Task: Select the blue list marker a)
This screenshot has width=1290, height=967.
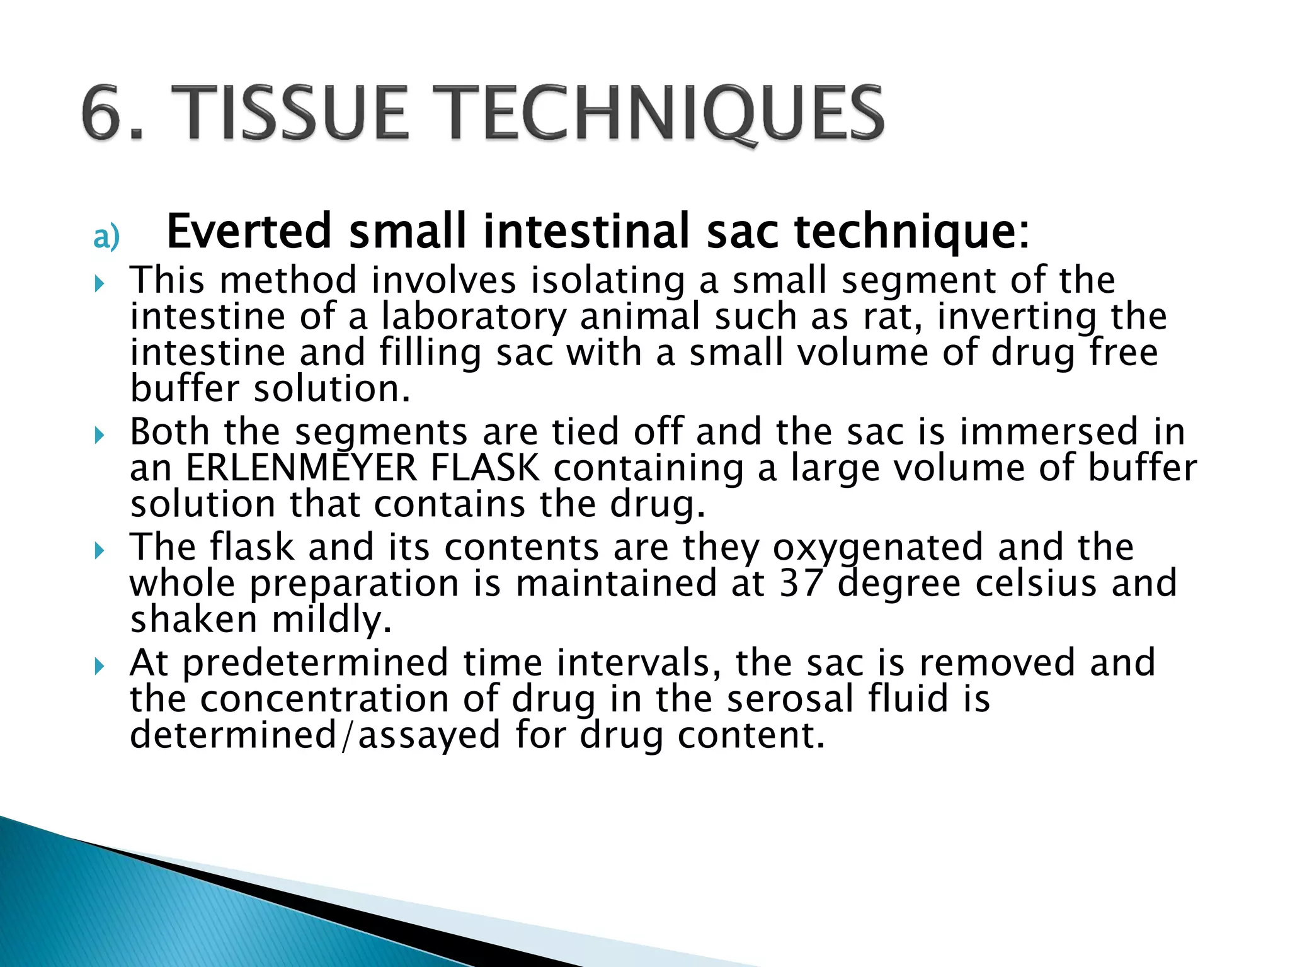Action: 106,238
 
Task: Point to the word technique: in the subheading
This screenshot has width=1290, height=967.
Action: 911,232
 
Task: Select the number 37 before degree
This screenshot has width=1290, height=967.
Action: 801,583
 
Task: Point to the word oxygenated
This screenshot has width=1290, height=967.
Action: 877,547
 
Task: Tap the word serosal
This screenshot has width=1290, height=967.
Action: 791,699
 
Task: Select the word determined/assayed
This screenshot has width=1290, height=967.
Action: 315,735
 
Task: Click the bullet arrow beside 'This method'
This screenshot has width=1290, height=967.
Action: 99,285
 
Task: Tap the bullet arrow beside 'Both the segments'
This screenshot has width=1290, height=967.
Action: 99,435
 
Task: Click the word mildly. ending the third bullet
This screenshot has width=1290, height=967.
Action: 332,619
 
